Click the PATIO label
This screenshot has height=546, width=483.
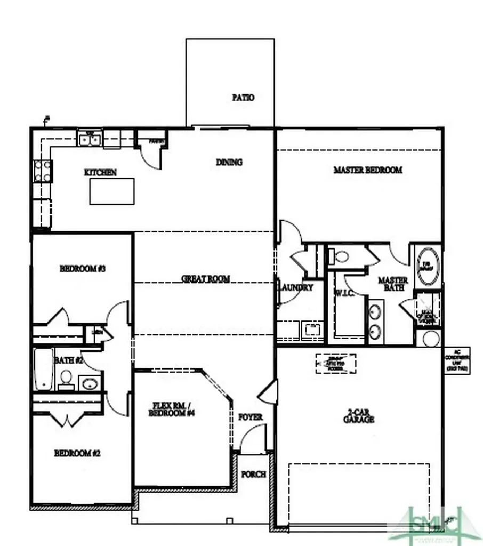point(243,98)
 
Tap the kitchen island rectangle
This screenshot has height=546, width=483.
point(111,191)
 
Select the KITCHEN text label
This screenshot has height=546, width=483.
point(100,173)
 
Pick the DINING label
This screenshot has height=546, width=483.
point(229,162)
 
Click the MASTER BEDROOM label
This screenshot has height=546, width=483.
point(368,170)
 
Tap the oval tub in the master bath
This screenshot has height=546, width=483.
point(427,263)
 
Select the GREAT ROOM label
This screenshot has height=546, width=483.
point(206,279)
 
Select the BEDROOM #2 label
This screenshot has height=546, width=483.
point(77,454)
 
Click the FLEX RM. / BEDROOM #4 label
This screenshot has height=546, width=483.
point(169,409)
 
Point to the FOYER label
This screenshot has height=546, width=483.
point(250,416)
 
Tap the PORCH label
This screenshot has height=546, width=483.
point(253,474)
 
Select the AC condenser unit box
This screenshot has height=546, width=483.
point(457,360)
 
